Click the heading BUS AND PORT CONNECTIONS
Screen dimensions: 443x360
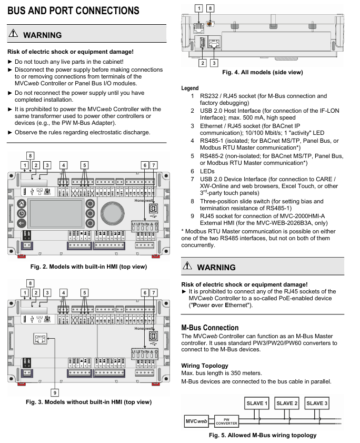[x=73, y=11]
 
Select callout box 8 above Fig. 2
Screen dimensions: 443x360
[x=31, y=156]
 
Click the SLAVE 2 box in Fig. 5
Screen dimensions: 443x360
[x=287, y=403]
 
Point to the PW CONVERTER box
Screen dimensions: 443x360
[x=227, y=421]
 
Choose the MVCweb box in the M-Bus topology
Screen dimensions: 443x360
[x=196, y=421]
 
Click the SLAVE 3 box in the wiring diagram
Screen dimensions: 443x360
[x=317, y=403]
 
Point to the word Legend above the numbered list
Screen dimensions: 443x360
[x=190, y=88]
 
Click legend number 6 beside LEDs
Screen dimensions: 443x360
[x=192, y=171]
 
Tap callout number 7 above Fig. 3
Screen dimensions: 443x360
[x=154, y=292]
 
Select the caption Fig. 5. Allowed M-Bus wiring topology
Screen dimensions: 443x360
[x=263, y=435]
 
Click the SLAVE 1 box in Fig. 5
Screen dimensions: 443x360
[x=257, y=403]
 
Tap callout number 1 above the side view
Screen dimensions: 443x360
[x=198, y=8]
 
